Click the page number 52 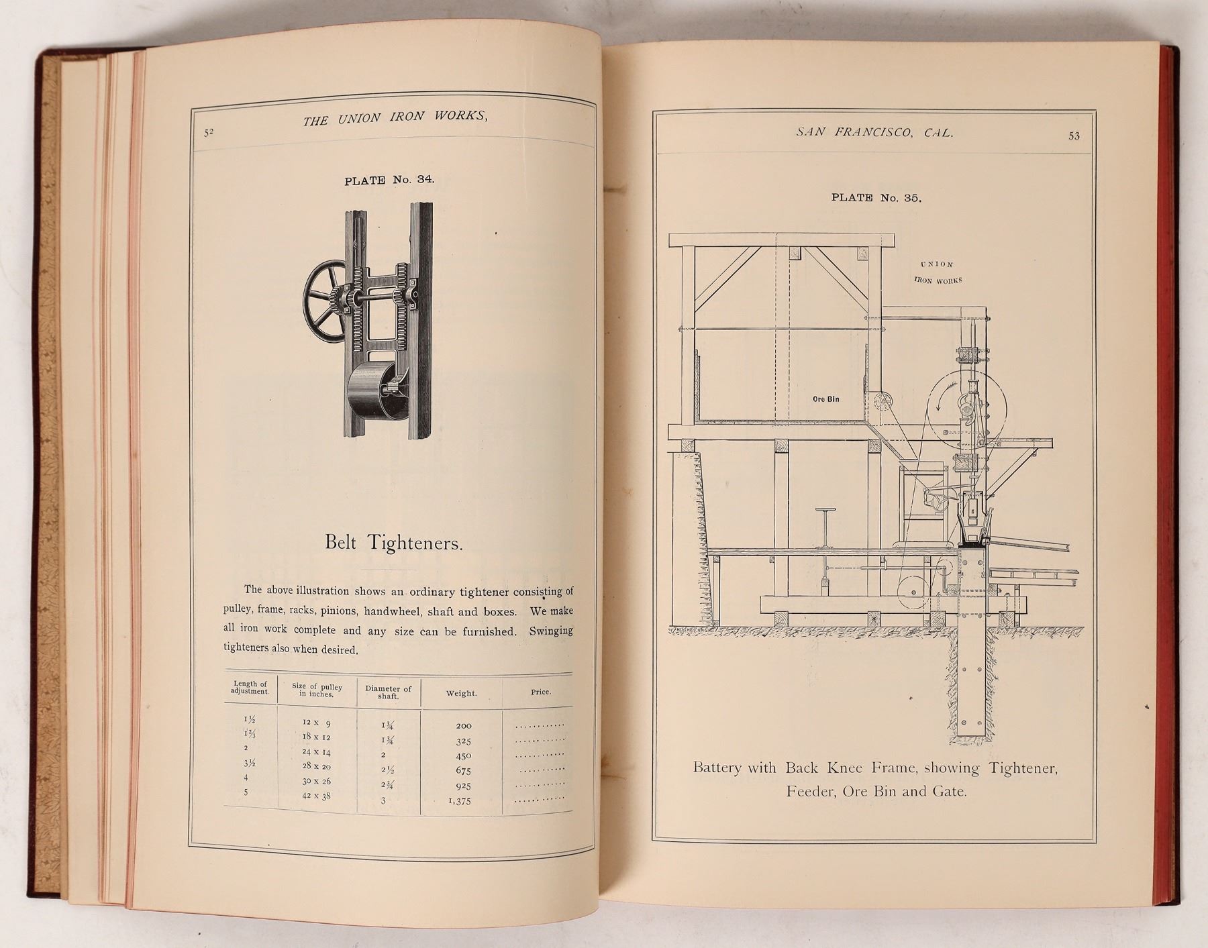tap(209, 132)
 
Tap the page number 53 tap(1074, 136)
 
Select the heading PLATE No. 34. tap(389, 180)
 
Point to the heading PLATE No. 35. tap(876, 197)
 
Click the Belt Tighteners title tap(394, 542)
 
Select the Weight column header tap(461, 693)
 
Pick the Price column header tap(540, 692)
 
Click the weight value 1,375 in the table tap(460, 801)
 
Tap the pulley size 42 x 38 tap(316, 796)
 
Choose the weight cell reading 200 tap(463, 726)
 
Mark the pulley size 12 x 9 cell tap(316, 723)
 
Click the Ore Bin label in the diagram tap(825, 399)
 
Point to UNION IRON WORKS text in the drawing tap(938, 272)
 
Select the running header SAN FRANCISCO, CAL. tap(874, 132)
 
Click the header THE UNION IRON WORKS tap(395, 118)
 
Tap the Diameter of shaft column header tap(388, 692)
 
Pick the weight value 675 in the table tap(463, 771)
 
